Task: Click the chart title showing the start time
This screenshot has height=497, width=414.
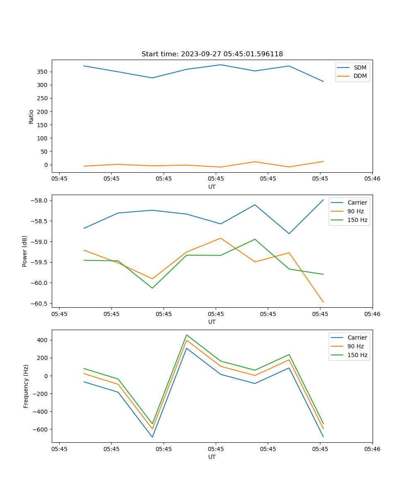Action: click(212, 54)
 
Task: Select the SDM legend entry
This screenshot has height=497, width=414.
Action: click(360, 68)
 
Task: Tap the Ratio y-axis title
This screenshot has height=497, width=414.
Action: click(31, 116)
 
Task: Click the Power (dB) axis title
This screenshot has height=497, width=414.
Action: click(25, 251)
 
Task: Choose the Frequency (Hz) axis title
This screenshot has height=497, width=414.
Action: click(26, 386)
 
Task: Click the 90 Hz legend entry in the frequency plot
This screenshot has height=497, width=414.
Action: click(356, 346)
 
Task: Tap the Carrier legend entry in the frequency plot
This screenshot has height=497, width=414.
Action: click(357, 338)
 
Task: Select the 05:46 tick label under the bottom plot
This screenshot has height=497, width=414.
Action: click(372, 449)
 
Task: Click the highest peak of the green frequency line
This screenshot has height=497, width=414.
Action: click(187, 335)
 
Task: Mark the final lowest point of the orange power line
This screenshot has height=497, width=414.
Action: click(323, 302)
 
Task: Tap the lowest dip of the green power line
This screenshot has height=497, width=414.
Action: click(152, 288)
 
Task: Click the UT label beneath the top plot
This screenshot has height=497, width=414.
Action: click(212, 187)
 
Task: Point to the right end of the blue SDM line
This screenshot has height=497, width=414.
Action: click(323, 81)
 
